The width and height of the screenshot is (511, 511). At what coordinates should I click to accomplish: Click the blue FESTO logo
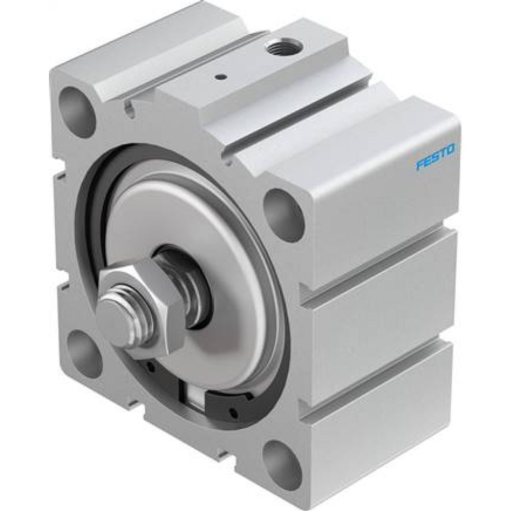click(x=437, y=157)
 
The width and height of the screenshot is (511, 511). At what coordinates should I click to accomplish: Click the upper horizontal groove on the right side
click(x=378, y=266)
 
